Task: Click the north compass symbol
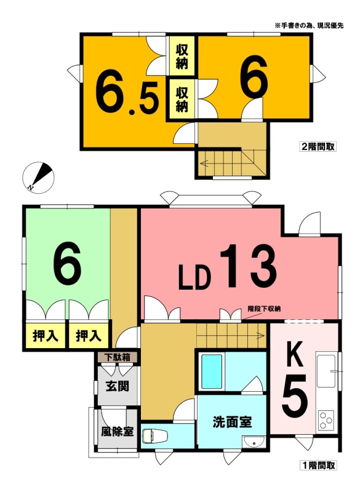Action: point(38,178)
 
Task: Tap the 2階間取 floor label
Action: point(318,146)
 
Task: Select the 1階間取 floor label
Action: point(318,465)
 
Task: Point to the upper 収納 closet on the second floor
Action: point(182,57)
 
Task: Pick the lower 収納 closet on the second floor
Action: point(182,100)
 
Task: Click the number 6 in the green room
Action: point(67,263)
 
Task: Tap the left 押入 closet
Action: point(45,336)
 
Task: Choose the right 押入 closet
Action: point(89,336)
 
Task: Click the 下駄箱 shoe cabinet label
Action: point(118,357)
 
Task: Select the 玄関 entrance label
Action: point(118,386)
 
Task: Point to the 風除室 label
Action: point(117,432)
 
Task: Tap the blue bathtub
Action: point(212,371)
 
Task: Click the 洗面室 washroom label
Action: point(232,423)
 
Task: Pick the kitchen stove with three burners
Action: point(326,420)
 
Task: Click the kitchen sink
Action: point(327,372)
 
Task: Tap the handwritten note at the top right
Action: point(309,26)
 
